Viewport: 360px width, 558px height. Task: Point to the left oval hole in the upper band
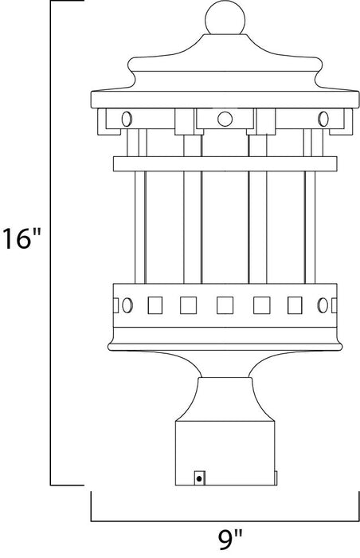tap(126, 120)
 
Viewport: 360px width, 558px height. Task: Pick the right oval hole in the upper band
tap(323, 120)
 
